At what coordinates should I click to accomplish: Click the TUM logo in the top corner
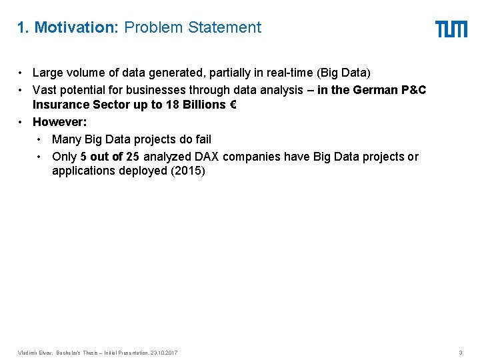(x=451, y=29)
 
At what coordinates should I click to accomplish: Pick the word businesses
(x=145, y=90)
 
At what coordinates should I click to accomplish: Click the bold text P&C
(x=413, y=90)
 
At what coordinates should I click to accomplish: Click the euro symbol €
(x=231, y=105)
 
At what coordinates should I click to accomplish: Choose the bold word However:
(x=59, y=121)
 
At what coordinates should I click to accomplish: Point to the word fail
(x=201, y=139)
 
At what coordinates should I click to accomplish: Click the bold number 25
(x=132, y=157)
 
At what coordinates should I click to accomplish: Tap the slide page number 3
(x=460, y=352)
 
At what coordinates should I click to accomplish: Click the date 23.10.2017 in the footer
(x=164, y=352)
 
